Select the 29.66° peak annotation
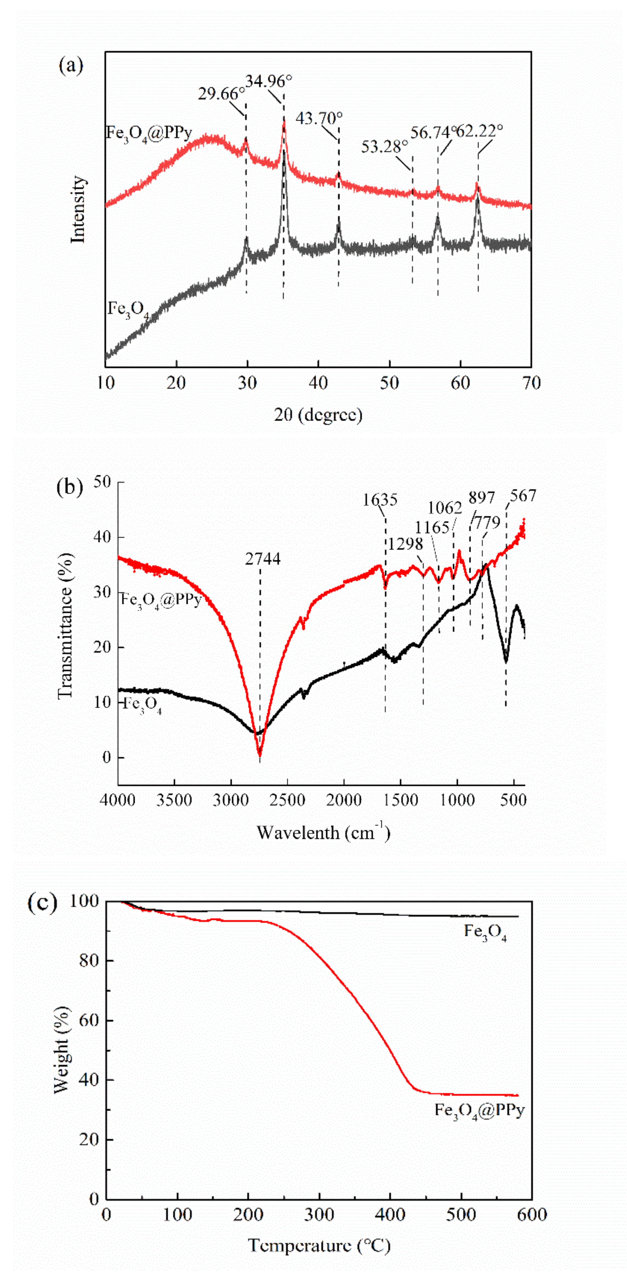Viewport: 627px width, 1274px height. (221, 93)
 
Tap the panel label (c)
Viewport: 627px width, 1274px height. (42, 903)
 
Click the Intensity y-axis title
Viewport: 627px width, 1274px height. (78, 209)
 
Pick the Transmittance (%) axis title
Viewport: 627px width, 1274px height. (64, 625)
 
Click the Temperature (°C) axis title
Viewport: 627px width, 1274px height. (319, 1245)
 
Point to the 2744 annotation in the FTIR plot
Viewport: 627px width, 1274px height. (263, 559)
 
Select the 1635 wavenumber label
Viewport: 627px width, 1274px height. (380, 500)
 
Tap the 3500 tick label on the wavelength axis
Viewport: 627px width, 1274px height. (174, 800)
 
